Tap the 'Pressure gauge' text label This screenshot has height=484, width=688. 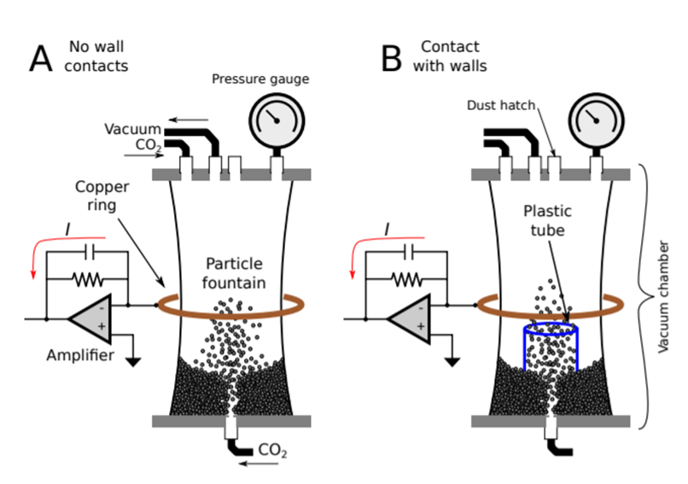pyautogui.click(x=260, y=80)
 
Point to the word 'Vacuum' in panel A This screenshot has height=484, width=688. pyautogui.click(x=133, y=129)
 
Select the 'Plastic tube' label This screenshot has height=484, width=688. pyautogui.click(x=548, y=220)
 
